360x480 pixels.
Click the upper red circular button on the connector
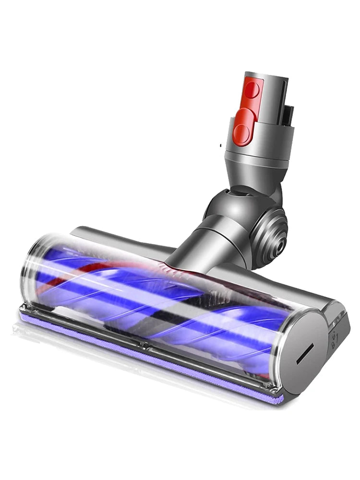pos(253,92)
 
